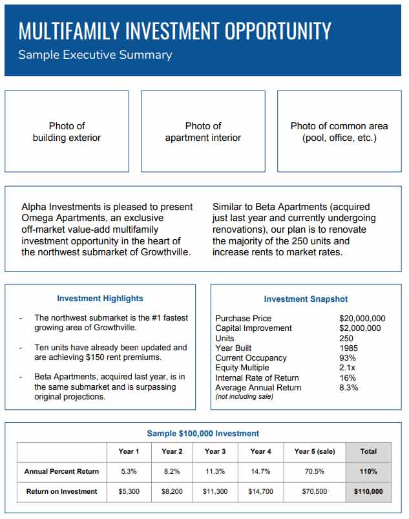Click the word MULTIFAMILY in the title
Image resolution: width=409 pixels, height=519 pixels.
68,30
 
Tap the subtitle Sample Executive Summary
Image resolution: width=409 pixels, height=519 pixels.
95,55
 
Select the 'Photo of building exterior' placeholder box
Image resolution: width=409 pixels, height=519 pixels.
67,131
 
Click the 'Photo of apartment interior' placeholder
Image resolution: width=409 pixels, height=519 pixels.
203,131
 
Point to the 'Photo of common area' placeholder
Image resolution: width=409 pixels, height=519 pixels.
339,131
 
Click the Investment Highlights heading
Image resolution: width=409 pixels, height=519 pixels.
100,299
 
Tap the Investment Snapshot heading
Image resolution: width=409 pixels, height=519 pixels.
306,299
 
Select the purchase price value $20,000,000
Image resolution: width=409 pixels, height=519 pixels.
362,319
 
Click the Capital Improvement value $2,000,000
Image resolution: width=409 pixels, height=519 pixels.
360,328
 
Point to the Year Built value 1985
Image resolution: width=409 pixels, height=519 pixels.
349,348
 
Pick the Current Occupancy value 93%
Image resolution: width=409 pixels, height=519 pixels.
348,358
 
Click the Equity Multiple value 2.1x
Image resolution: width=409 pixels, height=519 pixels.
348,368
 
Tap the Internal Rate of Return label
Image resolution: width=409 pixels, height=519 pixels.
257,377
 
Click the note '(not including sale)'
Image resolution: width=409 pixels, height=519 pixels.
244,396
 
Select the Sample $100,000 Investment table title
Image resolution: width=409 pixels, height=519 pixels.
203,434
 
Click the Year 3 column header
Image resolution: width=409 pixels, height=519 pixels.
215,451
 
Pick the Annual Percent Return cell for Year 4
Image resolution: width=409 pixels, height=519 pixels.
260,471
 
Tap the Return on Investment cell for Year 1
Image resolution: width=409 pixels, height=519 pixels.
129,491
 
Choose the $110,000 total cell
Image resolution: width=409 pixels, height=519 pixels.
368,491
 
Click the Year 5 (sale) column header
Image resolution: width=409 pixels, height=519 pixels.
315,451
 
